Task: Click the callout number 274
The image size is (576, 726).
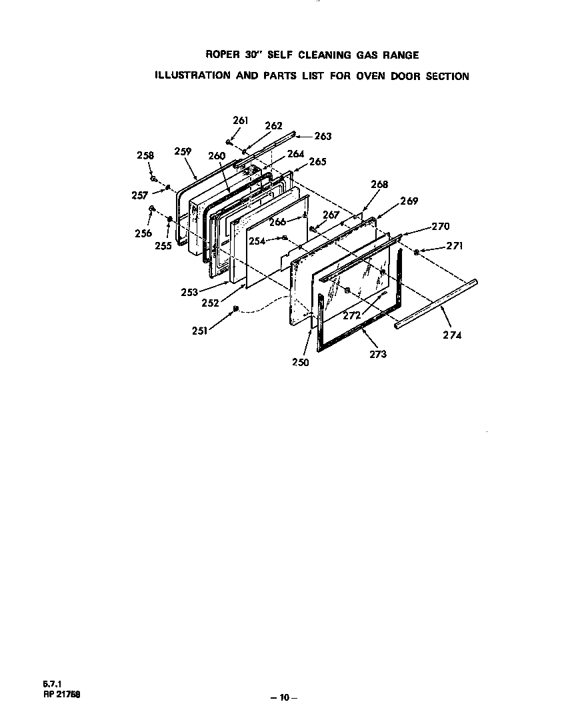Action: coord(451,335)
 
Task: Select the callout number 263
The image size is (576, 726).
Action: coord(323,136)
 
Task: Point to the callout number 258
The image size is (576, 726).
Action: coord(145,155)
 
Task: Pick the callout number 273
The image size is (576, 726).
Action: coord(377,354)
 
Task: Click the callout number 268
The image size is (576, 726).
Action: coord(379,185)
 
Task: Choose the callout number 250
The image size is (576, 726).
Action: coord(300,363)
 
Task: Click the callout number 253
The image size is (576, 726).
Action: coord(189,291)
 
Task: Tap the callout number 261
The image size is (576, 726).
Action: coord(240,121)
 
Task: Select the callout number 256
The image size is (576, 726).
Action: coord(143,233)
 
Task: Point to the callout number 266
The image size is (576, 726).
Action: coord(277,222)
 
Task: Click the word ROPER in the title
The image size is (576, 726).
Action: coord(221,55)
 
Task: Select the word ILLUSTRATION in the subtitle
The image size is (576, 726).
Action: coord(192,75)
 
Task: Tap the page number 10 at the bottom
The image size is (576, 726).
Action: coord(284,697)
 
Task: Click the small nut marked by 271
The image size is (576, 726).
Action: coord(416,252)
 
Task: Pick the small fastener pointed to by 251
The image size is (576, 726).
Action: coord(235,308)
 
